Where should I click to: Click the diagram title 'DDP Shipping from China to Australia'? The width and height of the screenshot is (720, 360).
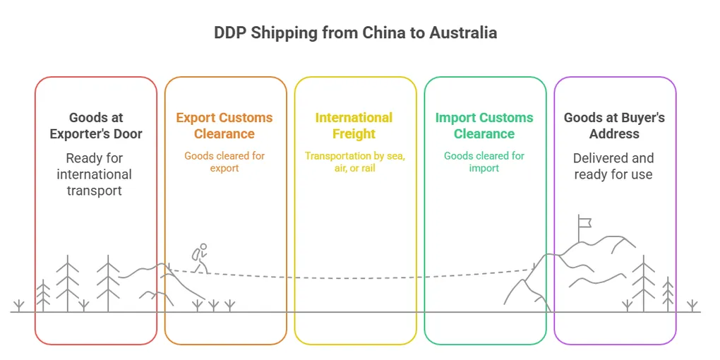coord(355,33)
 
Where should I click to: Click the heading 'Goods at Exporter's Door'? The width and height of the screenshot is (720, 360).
coord(96,126)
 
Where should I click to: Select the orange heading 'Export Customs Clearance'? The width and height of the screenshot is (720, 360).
coord(224,126)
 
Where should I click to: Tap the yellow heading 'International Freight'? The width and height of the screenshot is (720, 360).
coord(354,126)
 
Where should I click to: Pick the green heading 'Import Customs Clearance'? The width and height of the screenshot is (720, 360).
coord(484,126)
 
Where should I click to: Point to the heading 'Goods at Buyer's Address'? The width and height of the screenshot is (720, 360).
coord(614,126)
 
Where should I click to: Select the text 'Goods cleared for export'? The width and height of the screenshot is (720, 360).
coord(224,162)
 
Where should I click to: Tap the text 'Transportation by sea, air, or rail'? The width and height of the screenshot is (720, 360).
coord(354,162)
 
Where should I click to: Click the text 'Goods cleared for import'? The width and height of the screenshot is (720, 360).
coord(484,162)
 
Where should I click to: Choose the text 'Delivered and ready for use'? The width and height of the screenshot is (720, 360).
coord(613,166)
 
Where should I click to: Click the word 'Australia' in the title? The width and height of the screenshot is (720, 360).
coord(463,33)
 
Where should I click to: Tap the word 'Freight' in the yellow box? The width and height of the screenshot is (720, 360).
coord(354,134)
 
